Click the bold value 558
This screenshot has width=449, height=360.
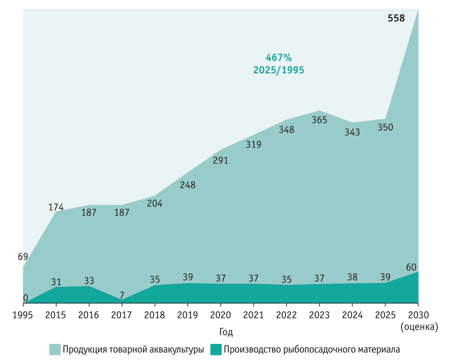click(x=396, y=18)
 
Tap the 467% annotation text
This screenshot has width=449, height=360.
click(x=278, y=58)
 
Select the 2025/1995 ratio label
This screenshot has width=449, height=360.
click(x=278, y=70)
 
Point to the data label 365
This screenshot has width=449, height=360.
click(x=320, y=120)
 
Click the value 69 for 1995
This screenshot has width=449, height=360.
click(x=23, y=257)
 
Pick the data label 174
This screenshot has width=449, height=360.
click(x=56, y=207)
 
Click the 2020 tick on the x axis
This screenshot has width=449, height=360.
click(x=221, y=315)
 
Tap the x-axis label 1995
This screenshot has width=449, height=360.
click(x=23, y=315)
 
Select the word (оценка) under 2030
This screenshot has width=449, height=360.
click(x=418, y=327)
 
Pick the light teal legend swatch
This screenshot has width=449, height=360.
click(x=55, y=350)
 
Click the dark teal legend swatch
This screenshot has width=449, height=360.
click(x=216, y=350)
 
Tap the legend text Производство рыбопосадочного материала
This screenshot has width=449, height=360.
click(x=312, y=350)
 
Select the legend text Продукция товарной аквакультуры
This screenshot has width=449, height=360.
click(x=133, y=350)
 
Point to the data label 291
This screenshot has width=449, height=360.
click(x=221, y=160)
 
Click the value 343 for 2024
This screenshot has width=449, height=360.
click(x=352, y=132)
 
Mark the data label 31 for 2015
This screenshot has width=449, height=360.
click(x=56, y=281)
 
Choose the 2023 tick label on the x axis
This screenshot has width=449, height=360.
click(x=320, y=315)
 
